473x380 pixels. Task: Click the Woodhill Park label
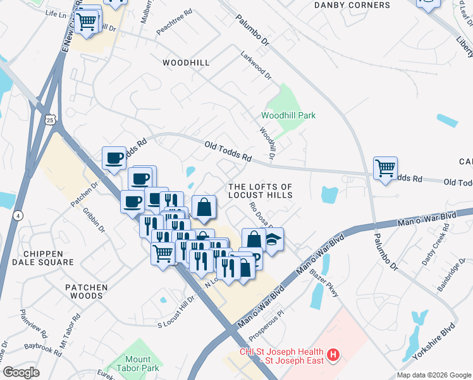pyautogui.click(x=288, y=115)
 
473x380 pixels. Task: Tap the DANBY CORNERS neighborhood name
pyautogui.click(x=352, y=5)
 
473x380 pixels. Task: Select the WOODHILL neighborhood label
pyautogui.click(x=185, y=63)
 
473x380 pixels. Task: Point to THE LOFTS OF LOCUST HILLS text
pyautogui.click(x=260, y=191)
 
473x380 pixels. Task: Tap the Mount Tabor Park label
pyautogui.click(x=133, y=364)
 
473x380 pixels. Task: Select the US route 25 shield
pyautogui.click(x=51, y=118)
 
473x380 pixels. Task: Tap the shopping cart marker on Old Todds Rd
pyautogui.click(x=385, y=168)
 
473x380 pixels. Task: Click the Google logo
pyautogui.click(x=21, y=372)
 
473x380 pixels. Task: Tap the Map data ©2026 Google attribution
pyautogui.click(x=433, y=375)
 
